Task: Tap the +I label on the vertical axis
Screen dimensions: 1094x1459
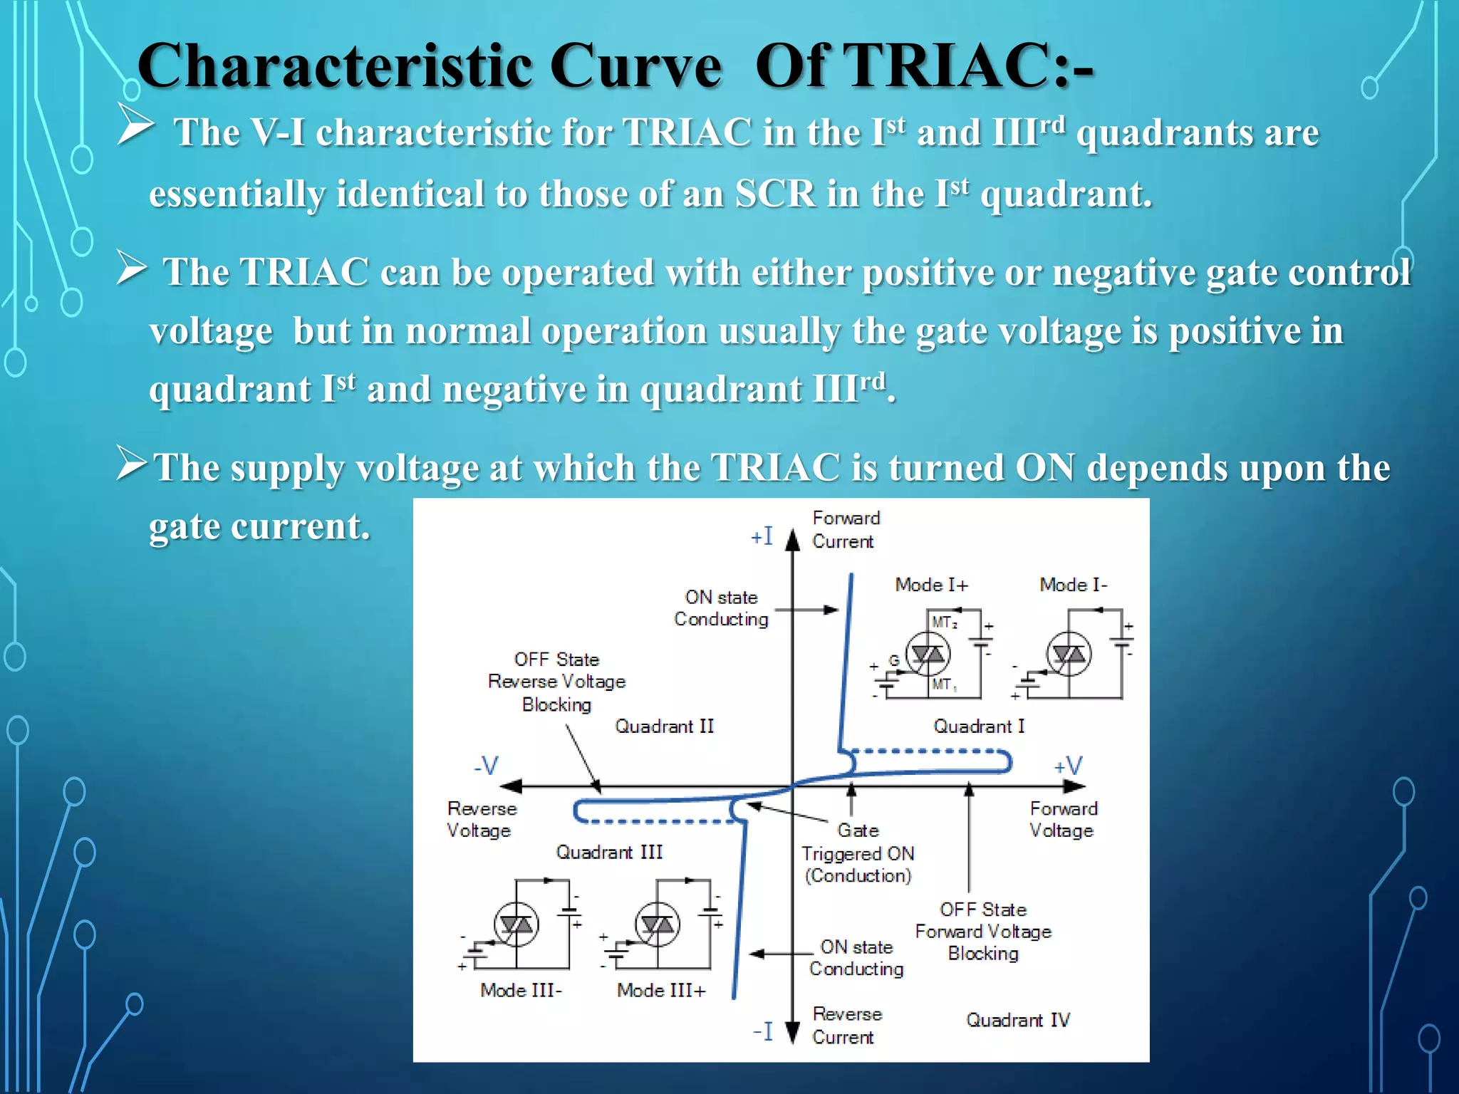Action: (762, 536)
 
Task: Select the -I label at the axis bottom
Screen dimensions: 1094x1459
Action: (762, 1031)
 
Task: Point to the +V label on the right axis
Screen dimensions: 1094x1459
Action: (1067, 766)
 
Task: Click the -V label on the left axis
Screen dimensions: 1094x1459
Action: (486, 766)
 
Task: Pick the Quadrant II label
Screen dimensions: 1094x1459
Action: (664, 726)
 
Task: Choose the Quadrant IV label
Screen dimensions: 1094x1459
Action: (1017, 1020)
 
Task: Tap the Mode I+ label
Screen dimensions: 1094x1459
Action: (931, 585)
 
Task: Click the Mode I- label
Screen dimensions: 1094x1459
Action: (1073, 585)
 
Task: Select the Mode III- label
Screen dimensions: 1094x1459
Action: (521, 990)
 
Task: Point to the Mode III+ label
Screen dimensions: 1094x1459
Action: (661, 990)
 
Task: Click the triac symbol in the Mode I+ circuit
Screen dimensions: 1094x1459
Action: (928, 653)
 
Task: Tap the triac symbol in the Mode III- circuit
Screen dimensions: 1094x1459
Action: (516, 924)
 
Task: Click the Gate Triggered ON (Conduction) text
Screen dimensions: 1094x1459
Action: (858, 853)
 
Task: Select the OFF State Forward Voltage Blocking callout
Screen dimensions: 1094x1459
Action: (983, 931)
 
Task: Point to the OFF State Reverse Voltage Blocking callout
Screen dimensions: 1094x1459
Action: (556, 682)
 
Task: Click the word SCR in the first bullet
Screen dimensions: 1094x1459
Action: (775, 194)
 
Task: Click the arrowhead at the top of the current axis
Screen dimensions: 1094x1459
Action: (792, 539)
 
